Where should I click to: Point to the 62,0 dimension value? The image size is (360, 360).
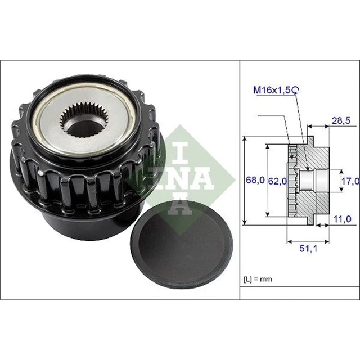click(x=277, y=181)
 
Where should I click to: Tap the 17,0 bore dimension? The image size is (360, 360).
click(x=350, y=181)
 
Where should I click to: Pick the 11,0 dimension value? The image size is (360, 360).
click(x=343, y=218)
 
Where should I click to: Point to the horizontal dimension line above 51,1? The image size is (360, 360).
click(x=307, y=242)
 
